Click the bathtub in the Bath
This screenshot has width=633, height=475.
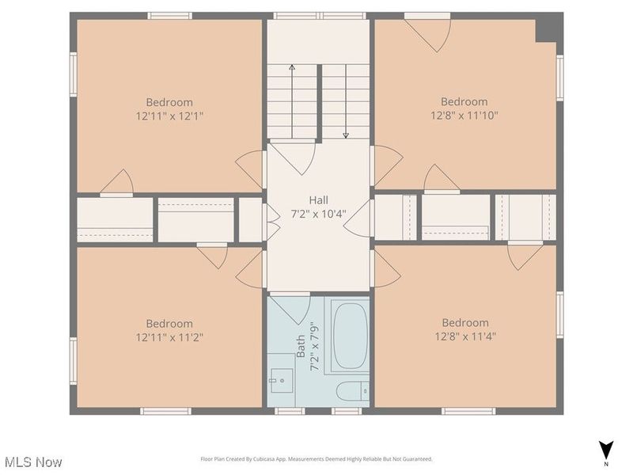pyautogui.click(x=349, y=334)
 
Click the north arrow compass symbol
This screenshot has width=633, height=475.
pyautogui.click(x=605, y=450)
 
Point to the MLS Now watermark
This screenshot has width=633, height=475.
pyautogui.click(x=32, y=461)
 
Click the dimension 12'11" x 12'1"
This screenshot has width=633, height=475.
pyautogui.click(x=169, y=116)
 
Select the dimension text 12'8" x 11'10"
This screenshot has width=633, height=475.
pyautogui.click(x=464, y=115)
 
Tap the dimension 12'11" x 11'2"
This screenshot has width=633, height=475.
pyautogui.click(x=169, y=336)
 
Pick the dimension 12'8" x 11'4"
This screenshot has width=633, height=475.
pyautogui.click(x=464, y=336)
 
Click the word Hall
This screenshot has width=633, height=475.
pyautogui.click(x=318, y=200)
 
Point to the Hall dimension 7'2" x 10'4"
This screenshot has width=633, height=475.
pyautogui.click(x=318, y=214)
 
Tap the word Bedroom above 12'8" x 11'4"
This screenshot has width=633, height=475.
pyautogui.click(x=464, y=322)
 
